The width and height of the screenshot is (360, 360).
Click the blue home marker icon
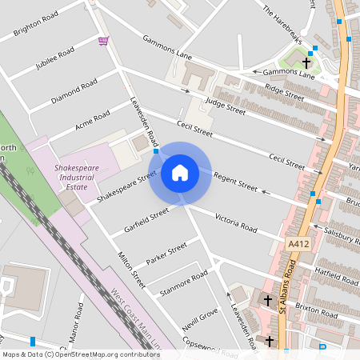point(180,173)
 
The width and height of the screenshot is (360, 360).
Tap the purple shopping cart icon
point(103,40)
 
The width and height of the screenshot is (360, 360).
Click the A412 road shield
point(298,242)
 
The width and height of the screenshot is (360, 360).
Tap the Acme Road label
point(91,120)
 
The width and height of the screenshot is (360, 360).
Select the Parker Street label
point(166,254)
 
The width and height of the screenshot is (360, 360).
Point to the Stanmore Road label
point(183,282)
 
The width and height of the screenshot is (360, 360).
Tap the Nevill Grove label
point(199,321)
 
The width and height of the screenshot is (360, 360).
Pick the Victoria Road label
point(236,223)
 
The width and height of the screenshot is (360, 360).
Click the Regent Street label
point(235,182)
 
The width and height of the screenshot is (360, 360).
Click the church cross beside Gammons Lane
point(306,62)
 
